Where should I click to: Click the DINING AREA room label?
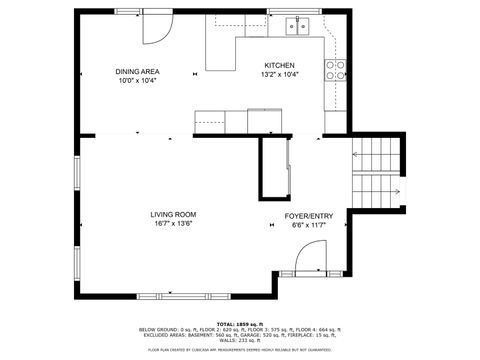coord(138,71)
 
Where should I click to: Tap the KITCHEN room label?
coord(279,65)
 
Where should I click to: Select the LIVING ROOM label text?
coord(172,214)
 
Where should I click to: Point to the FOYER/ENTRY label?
coord(309,215)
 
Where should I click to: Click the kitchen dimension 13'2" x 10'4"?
coord(279,74)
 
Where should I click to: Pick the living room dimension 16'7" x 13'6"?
coord(172,224)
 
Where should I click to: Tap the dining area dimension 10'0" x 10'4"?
coord(138,80)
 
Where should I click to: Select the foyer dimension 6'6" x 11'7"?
coord(309,225)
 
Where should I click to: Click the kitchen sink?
coord(296,25)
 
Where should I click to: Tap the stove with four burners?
coord(337,69)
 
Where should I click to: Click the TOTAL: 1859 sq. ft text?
coord(239,323)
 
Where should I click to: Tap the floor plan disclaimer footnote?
coord(239,350)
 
